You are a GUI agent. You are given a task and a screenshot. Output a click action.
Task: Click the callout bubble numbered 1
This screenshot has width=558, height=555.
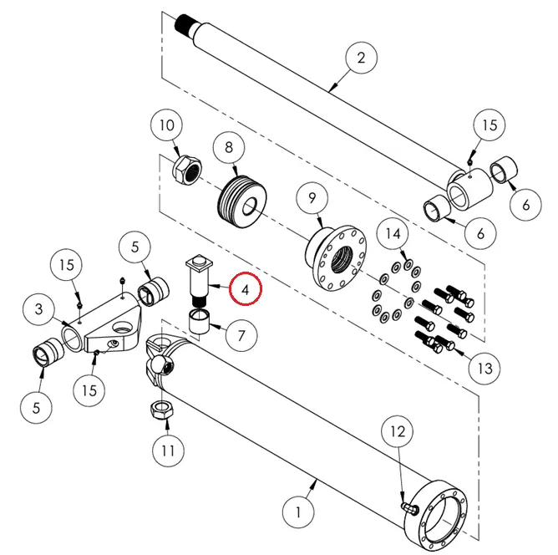(x=297, y=508)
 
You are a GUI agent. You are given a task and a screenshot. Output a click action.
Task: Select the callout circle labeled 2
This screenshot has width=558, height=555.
(x=361, y=59)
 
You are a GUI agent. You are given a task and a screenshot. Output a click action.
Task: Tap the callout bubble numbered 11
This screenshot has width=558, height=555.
(x=169, y=451)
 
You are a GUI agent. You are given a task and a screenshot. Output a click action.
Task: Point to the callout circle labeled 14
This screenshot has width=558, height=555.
(x=395, y=234)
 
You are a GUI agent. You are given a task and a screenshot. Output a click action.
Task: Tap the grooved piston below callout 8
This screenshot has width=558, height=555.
(x=243, y=202)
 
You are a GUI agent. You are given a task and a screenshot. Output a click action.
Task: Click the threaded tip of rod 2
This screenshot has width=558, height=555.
(x=187, y=23)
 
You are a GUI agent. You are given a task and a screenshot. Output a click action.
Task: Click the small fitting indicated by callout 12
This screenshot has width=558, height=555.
(x=409, y=507)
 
